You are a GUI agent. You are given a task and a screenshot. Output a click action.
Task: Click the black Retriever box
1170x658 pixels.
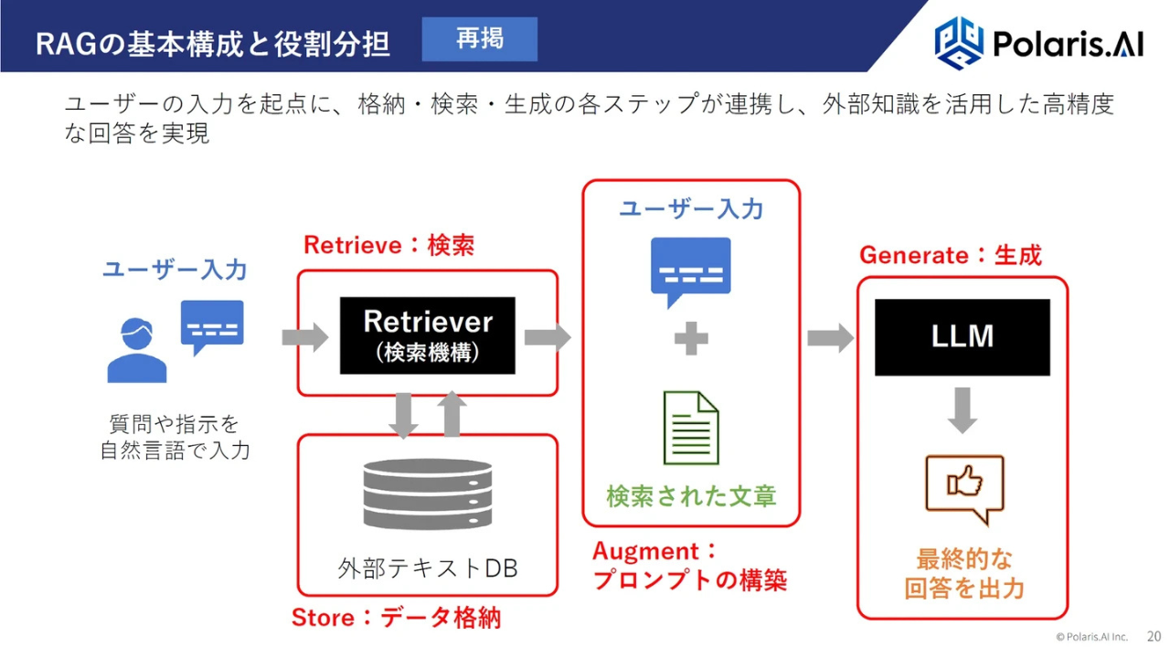tap(427, 334)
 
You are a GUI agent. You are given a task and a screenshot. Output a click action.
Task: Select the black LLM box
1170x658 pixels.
tap(962, 337)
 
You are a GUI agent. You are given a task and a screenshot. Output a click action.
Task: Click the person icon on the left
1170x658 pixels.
tap(137, 351)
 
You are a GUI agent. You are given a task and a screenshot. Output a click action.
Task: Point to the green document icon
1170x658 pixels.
tap(690, 428)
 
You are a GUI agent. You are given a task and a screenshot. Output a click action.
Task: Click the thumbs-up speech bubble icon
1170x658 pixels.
tap(963, 486)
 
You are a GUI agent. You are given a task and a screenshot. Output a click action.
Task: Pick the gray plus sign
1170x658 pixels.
tap(691, 340)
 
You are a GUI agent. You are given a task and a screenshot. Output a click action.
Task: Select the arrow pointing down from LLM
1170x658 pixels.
tap(962, 410)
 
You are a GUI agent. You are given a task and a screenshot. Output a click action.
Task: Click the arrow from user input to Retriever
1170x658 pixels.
tap(304, 337)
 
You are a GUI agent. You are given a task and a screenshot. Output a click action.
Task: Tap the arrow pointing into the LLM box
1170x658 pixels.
tap(830, 338)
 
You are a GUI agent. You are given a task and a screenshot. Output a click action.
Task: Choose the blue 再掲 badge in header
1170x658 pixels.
tap(479, 39)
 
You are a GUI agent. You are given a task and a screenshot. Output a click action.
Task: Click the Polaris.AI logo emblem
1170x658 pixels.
tap(959, 41)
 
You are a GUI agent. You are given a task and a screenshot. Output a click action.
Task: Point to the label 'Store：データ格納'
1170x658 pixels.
tap(396, 618)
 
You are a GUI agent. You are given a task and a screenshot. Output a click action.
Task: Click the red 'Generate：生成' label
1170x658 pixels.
tap(950, 255)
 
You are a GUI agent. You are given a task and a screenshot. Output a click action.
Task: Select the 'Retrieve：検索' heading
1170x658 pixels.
tap(388, 245)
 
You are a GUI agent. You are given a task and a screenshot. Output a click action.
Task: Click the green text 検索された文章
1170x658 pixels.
tap(691, 496)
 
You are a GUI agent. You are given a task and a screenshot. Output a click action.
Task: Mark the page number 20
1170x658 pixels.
tap(1154, 636)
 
